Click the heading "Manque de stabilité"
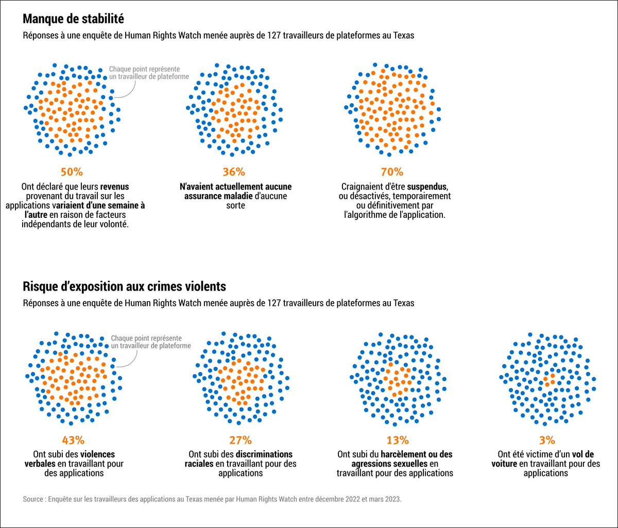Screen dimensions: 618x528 coord(73,19)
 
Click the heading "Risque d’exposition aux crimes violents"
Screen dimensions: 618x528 coord(125,286)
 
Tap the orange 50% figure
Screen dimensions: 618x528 coord(72,172)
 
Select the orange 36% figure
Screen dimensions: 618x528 coord(234,172)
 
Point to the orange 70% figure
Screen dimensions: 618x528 coord(392,172)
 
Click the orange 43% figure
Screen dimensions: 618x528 coord(73,440)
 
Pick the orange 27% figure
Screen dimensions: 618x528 coord(241,440)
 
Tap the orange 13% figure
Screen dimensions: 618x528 coord(398,440)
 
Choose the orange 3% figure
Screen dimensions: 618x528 coord(547,440)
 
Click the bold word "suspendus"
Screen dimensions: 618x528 coord(427,187)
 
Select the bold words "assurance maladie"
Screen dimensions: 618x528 coord(218,196)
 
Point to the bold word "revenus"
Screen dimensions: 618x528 coord(114,187)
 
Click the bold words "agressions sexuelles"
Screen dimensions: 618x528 coord(389,464)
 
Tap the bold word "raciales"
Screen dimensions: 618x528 coord(199,464)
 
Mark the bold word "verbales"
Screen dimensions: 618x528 coord(40,464)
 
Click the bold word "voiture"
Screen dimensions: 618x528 coord(504,464)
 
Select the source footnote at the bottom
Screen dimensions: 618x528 coord(212,499)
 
